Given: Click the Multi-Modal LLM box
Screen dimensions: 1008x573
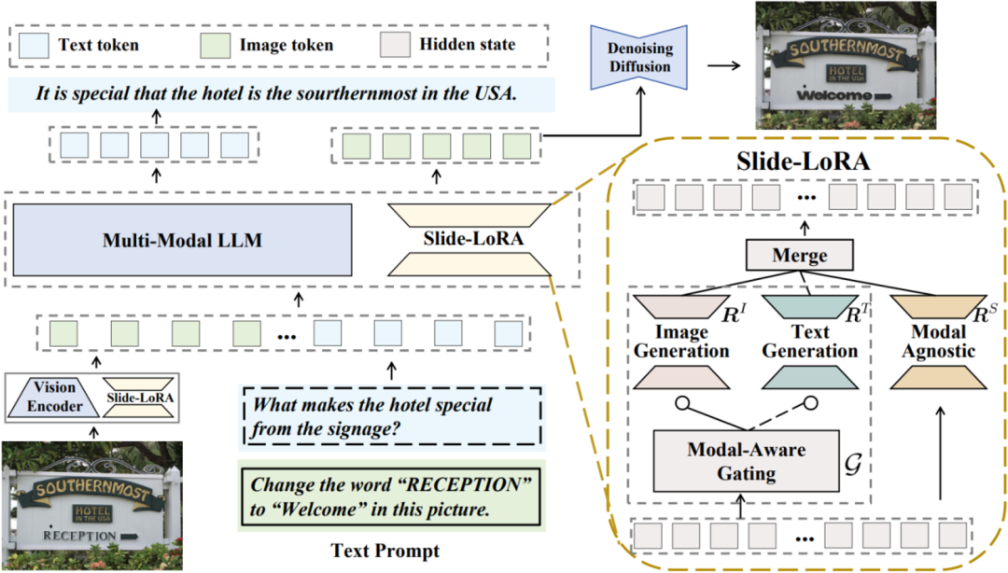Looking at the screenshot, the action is (x=183, y=240).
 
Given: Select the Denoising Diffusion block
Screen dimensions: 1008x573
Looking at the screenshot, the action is (x=639, y=57).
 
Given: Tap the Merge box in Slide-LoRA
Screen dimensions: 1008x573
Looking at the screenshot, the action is (x=800, y=256).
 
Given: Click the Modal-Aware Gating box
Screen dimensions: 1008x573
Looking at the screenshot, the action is (x=747, y=461).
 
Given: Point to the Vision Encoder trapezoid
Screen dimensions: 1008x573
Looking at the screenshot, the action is (x=55, y=397).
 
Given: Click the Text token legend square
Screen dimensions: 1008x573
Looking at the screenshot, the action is (x=34, y=45).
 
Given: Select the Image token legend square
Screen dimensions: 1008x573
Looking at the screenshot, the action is (x=216, y=45).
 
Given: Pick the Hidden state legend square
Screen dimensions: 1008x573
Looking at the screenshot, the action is (x=395, y=45).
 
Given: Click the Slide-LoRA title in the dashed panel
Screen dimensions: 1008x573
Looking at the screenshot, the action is (x=803, y=161).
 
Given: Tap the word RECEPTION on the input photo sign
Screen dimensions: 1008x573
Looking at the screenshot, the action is (x=79, y=535).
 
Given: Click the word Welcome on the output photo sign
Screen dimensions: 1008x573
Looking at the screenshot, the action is (x=834, y=95).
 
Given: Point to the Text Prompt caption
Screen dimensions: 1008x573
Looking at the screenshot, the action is (x=385, y=551).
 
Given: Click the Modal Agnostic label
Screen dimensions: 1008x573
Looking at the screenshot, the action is (x=939, y=342).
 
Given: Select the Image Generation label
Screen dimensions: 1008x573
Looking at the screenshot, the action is (x=681, y=342).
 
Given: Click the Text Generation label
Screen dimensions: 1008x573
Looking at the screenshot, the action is (x=810, y=342).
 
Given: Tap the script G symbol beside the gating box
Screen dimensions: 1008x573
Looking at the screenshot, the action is (x=853, y=464).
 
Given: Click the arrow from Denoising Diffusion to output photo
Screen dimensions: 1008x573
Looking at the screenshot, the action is (x=724, y=65).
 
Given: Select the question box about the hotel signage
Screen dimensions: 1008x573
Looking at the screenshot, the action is (x=392, y=416).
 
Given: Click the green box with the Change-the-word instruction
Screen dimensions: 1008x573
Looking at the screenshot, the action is (x=391, y=496).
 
